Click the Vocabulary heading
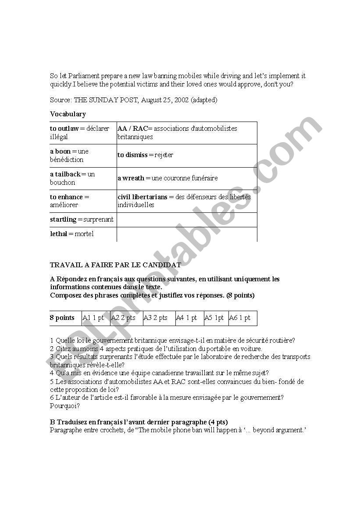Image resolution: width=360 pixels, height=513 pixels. (x=68, y=114)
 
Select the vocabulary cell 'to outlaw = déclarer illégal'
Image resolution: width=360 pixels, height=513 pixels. (x=83, y=133)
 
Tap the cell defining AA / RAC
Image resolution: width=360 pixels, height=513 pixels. (x=186, y=133)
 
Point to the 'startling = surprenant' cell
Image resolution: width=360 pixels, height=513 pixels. (x=82, y=219)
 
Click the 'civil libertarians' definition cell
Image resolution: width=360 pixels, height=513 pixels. (x=186, y=201)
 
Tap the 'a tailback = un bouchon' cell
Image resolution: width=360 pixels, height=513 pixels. (x=83, y=178)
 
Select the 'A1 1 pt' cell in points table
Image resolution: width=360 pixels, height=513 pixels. (x=93, y=318)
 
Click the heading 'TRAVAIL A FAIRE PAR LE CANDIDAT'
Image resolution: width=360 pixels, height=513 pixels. (x=115, y=265)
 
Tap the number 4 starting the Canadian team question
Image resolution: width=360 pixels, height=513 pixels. (x=52, y=373)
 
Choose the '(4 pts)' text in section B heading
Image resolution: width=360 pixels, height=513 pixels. (x=216, y=422)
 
